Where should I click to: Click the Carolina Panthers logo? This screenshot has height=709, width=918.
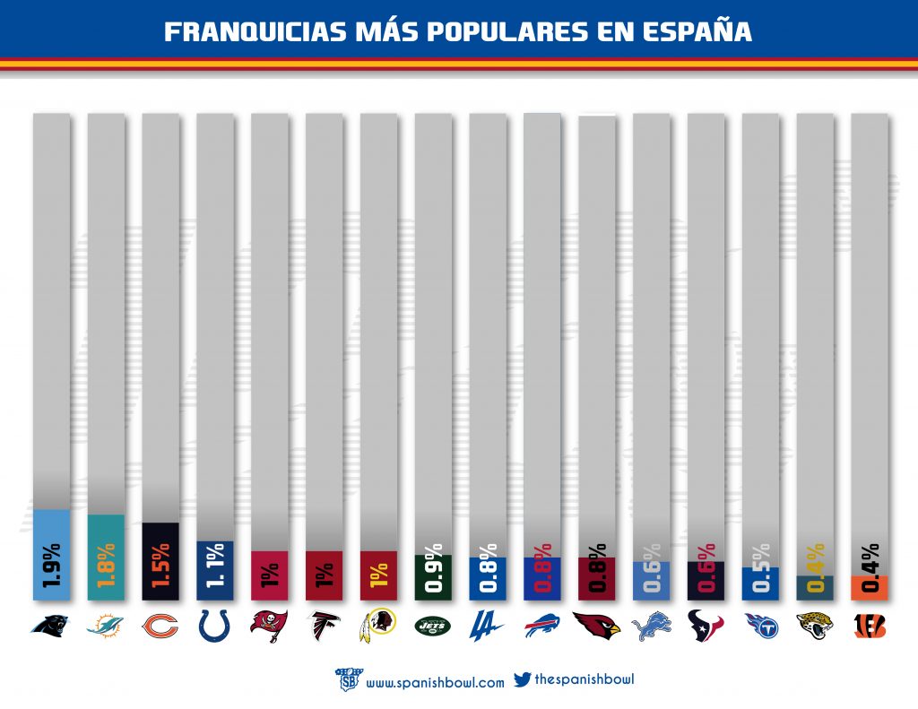(x=51, y=625)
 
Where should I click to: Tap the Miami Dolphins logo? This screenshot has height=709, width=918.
(x=106, y=626)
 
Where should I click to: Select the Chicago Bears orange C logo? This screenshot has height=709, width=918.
(x=160, y=625)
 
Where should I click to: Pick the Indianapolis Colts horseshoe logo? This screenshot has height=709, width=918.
(x=215, y=625)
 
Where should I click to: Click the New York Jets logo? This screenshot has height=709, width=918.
(x=433, y=625)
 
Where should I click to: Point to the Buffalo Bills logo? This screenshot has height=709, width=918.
(x=542, y=625)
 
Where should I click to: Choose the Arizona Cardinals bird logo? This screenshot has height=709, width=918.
(x=597, y=625)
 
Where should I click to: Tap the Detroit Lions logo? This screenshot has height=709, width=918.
(x=652, y=626)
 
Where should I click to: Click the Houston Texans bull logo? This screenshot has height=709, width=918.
(x=706, y=626)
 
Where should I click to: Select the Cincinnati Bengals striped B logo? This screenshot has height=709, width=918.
(x=870, y=626)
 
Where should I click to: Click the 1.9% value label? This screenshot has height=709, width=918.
(x=52, y=565)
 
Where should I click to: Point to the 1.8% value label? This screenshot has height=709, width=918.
(x=107, y=565)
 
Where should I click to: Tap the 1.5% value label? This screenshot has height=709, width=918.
(x=161, y=566)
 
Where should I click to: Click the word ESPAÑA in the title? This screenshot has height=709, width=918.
(x=698, y=31)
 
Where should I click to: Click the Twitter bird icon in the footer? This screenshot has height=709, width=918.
(x=522, y=679)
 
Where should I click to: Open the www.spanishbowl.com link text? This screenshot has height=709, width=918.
(x=435, y=682)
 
